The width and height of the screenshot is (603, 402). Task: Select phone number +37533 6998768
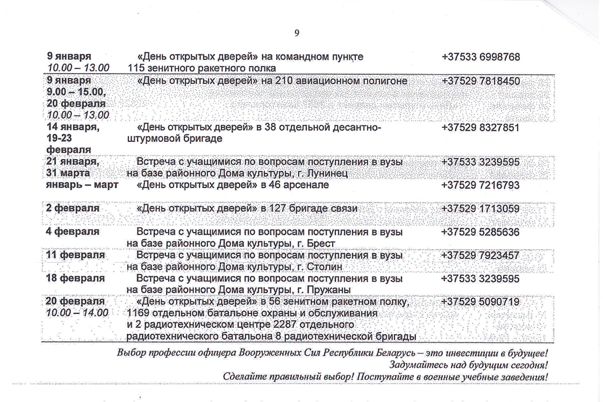click(x=481, y=57)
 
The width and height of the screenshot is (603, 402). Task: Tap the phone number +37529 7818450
click(x=481, y=81)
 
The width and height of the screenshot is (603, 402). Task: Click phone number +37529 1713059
click(x=481, y=209)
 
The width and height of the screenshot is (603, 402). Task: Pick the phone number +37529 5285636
click(x=481, y=232)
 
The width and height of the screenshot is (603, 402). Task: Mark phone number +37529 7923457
click(x=481, y=255)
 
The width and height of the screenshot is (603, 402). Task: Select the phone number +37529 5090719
click(x=481, y=302)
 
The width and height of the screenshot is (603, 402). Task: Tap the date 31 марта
click(x=69, y=174)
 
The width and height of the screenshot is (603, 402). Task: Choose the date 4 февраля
click(x=73, y=232)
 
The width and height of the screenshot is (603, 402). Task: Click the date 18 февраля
click(x=76, y=279)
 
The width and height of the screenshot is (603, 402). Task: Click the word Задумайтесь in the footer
click(x=419, y=365)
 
